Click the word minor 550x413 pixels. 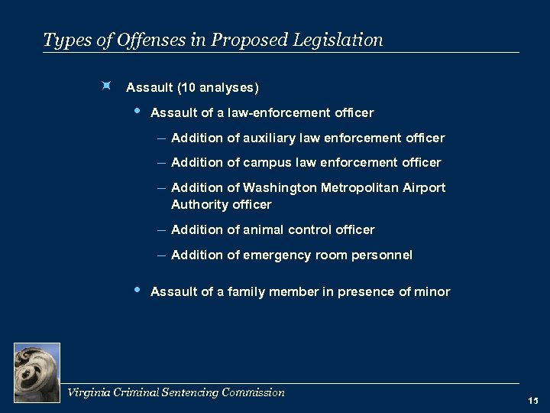(x=434, y=291)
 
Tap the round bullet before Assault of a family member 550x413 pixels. (x=137, y=290)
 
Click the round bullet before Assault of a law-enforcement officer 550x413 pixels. (x=137, y=112)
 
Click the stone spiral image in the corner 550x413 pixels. (x=37, y=371)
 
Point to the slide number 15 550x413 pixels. (x=532, y=401)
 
